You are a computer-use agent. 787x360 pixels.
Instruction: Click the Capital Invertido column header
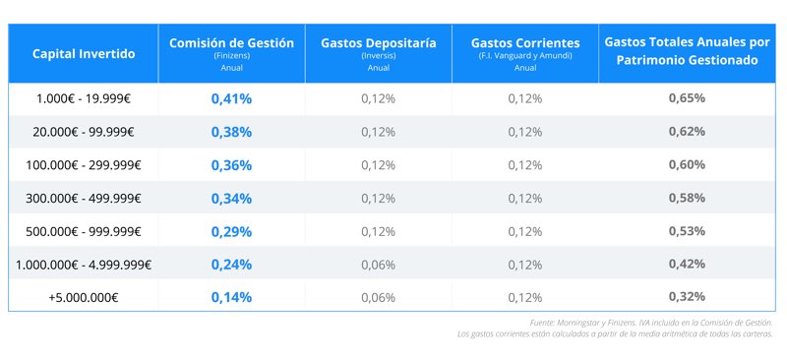pos(83,53)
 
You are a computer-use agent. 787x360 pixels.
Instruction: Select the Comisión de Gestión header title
pos(231,43)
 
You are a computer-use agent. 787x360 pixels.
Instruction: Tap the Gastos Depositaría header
pos(378,43)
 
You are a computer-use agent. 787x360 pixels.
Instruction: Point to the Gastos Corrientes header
pos(525,43)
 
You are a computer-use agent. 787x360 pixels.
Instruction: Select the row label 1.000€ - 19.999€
pos(83,98)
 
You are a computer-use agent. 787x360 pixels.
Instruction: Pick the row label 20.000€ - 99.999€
pos(83,132)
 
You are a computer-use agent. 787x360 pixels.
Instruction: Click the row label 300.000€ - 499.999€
pos(83,198)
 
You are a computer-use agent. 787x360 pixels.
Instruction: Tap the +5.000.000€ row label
pos(83,297)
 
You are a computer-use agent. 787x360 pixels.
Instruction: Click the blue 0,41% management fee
pos(231,98)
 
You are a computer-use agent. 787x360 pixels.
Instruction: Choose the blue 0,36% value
pos(231,165)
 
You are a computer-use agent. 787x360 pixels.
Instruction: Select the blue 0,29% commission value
pos(231,231)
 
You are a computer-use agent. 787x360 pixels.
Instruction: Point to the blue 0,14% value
pos(231,297)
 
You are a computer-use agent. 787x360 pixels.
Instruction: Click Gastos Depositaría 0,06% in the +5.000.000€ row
pos(378,297)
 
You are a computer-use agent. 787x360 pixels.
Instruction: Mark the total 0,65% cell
pos(687,98)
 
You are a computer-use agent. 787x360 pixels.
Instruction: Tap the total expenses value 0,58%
pos(687,198)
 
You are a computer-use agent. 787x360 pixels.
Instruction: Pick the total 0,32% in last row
pos(687,297)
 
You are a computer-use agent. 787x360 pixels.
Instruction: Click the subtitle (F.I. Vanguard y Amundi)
pos(525,57)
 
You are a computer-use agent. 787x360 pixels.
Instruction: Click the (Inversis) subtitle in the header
pos(378,57)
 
